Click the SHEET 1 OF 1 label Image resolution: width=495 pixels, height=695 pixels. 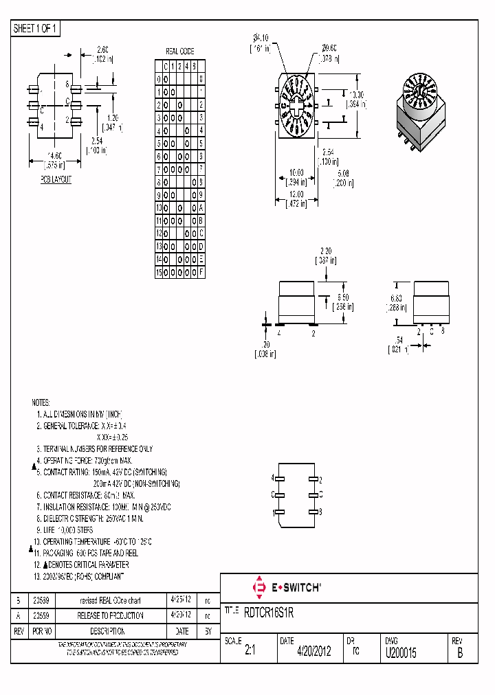point(36,29)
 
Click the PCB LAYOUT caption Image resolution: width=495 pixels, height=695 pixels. point(56,179)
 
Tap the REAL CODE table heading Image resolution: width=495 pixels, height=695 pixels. point(180,52)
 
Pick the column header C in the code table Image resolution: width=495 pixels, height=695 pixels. point(166,66)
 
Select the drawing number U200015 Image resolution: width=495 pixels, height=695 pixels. point(400,652)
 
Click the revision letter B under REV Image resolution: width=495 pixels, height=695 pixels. point(460,654)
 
